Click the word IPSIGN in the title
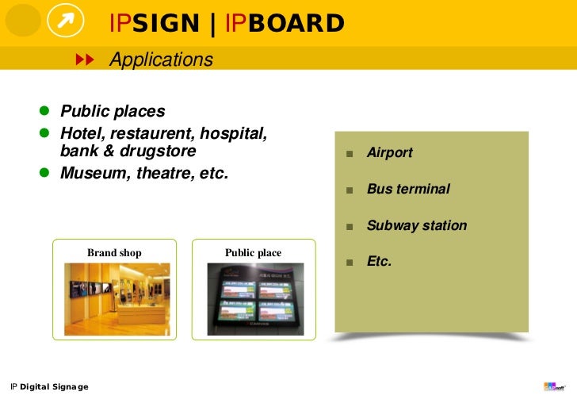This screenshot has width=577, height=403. [x=155, y=24]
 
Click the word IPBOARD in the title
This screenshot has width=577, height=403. [x=285, y=24]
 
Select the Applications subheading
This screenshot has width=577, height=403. [x=161, y=59]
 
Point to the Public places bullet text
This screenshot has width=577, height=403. [x=113, y=111]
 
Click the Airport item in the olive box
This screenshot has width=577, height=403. [x=389, y=153]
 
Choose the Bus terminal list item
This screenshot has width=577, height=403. [x=408, y=190]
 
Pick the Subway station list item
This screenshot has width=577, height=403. [x=416, y=226]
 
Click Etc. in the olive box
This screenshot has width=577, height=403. [x=379, y=261]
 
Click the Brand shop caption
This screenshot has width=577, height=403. [x=114, y=253]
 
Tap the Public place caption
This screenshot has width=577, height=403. [x=253, y=253]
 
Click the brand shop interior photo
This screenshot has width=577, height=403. [x=117, y=299]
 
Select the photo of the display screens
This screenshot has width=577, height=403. [x=254, y=299]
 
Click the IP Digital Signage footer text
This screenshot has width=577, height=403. [x=49, y=387]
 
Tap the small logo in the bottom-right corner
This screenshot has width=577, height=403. [x=553, y=386]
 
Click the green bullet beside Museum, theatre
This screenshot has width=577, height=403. [x=45, y=172]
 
